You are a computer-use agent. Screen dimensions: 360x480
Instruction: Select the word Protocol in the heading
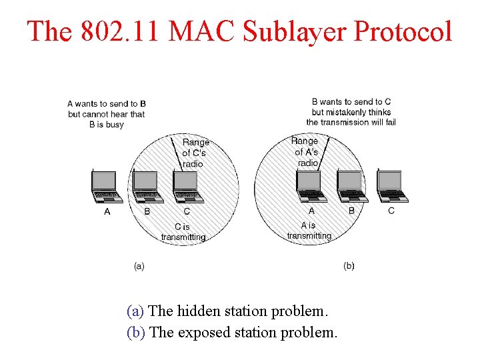coord(403,31)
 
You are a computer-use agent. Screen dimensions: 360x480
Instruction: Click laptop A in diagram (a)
coord(106,186)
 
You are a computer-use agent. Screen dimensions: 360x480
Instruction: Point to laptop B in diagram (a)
coord(146,186)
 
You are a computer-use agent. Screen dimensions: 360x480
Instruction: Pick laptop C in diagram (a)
coord(186,186)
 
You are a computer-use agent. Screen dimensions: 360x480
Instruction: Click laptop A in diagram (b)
coord(311,186)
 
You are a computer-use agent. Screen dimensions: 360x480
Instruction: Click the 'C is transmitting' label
coord(183,231)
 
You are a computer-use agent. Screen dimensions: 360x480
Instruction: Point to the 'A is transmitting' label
coord(309,230)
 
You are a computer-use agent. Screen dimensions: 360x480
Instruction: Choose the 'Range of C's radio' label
coord(195,153)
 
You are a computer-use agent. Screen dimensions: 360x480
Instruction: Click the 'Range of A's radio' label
coord(306,151)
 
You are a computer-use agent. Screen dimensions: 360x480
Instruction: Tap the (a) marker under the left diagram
coord(139,265)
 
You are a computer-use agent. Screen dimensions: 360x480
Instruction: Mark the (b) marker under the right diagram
coord(349,265)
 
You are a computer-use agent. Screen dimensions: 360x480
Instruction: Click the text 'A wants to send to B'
coord(107,103)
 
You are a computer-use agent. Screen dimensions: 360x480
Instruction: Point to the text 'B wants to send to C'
coord(351,102)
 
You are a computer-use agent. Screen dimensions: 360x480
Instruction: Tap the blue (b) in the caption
coord(137,332)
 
